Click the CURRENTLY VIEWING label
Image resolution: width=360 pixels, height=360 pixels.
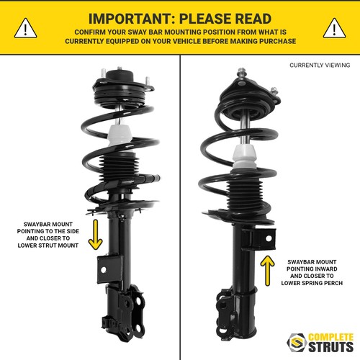click(319, 65)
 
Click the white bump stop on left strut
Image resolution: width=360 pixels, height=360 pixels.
click(120, 136)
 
